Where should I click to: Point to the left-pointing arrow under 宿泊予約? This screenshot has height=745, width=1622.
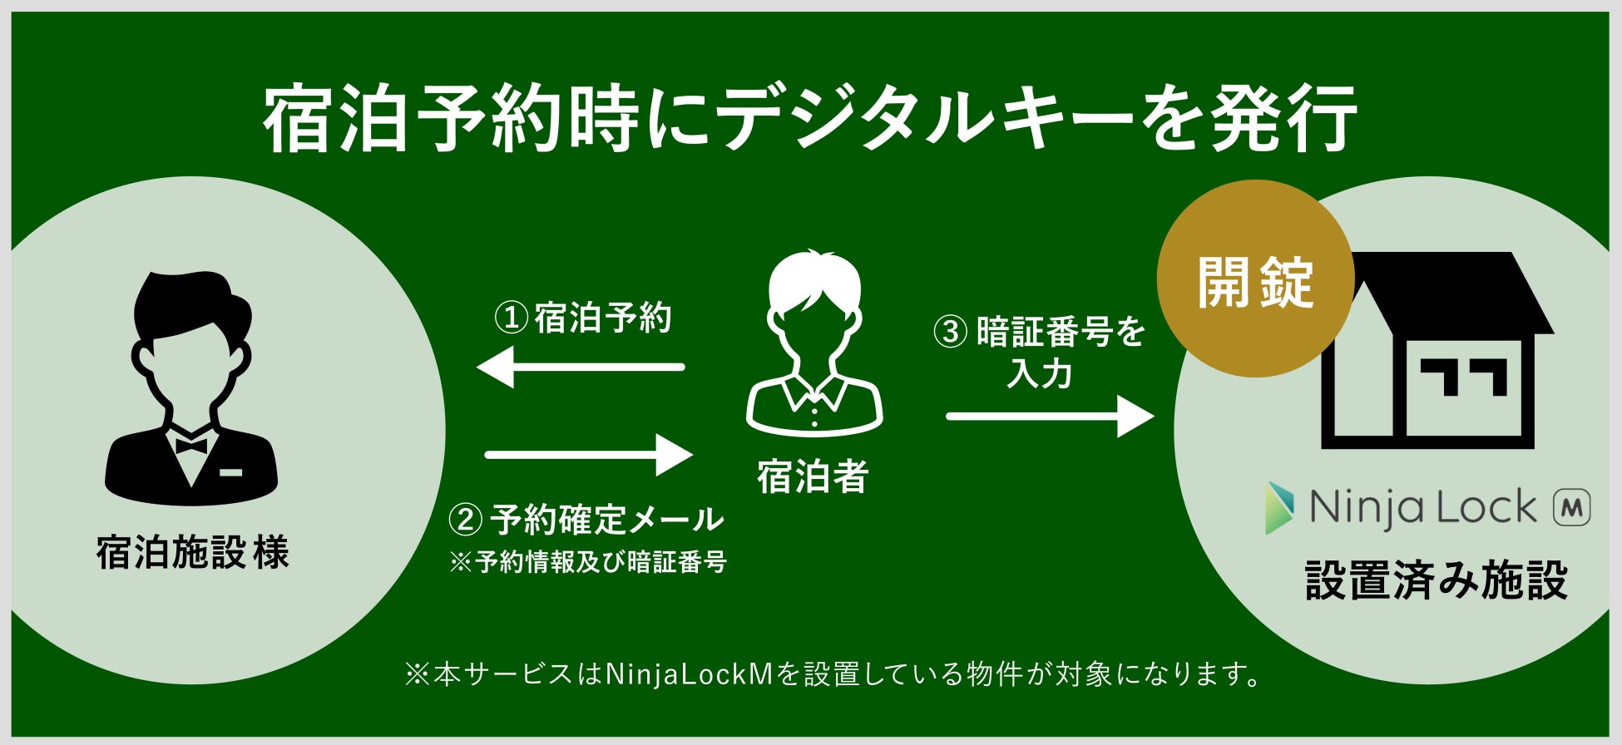click(581, 367)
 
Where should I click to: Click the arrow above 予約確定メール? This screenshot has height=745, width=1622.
click(589, 455)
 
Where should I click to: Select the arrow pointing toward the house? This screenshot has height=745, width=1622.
click(1050, 416)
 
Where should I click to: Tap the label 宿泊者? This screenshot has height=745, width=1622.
click(813, 477)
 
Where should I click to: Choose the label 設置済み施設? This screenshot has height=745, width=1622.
click(1437, 580)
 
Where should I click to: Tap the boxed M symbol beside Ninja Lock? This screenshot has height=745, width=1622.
click(1572, 507)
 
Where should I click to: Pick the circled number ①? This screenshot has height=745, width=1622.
click(511, 318)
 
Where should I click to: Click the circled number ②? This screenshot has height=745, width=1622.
click(465, 521)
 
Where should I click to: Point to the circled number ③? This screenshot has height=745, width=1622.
click(950, 332)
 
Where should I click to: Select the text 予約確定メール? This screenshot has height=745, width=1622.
click(607, 521)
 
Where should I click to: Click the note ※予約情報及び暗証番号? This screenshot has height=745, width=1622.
click(588, 563)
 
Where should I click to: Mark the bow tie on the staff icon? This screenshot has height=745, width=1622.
click(191, 446)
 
